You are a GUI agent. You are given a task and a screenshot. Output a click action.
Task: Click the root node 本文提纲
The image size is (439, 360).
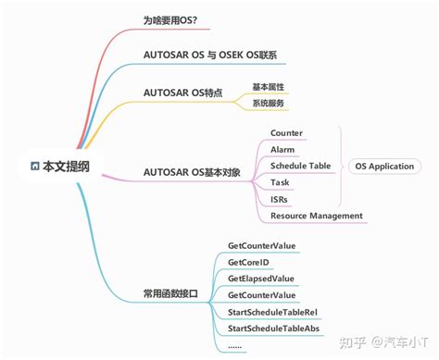point(59,166)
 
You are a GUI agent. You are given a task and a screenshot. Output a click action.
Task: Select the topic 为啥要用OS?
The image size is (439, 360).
point(176,20)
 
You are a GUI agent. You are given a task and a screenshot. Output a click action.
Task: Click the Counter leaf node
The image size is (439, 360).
point(286,133)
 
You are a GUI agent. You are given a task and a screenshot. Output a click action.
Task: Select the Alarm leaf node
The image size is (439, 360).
point(282,149)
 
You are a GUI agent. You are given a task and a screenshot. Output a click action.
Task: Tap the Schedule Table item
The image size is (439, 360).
point(300,166)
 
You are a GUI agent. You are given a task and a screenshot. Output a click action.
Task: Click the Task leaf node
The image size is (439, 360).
point(280,182)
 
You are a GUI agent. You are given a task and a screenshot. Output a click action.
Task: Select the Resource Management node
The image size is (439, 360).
point(316,216)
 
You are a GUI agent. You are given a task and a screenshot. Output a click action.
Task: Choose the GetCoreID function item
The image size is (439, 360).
point(249,262)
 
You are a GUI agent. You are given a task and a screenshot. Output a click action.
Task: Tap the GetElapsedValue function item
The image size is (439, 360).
point(260,278)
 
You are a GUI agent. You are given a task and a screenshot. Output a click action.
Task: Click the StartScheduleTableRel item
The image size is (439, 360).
point(272,311)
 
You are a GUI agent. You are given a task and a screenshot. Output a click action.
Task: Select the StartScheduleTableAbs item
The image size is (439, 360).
point(272,328)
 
